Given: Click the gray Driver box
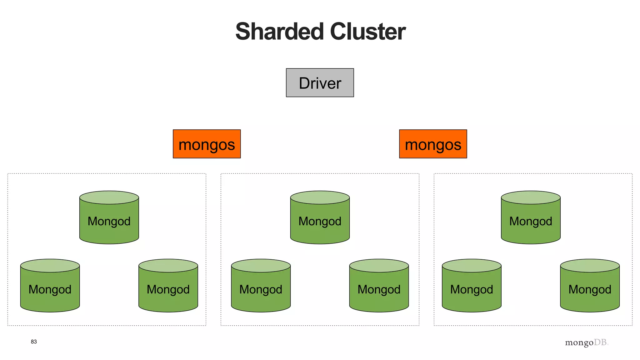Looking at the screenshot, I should point(320,83).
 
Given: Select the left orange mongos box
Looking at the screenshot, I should point(207,144).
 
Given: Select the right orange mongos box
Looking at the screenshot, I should point(433,144).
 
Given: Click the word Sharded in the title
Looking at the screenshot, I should point(279,32).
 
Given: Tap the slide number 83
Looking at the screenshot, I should point(34,342).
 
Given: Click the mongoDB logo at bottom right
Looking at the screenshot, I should point(586,342).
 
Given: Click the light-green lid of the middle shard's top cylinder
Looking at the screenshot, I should point(320,197).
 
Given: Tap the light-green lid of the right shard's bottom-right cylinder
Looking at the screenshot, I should point(590,266).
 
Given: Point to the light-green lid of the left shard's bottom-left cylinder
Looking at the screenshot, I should point(50,266).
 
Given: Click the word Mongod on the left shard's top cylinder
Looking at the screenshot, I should point(109,221).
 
